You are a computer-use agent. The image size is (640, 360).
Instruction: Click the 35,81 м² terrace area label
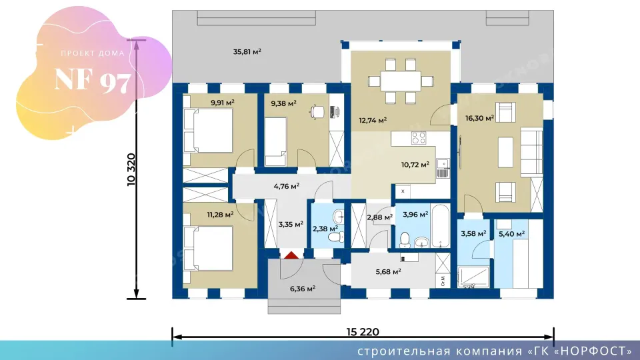[247, 52]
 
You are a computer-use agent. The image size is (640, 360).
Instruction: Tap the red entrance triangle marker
[291, 255]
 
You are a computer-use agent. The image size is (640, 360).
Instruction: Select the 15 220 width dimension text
[363, 332]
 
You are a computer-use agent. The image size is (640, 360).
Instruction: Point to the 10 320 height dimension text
[131, 169]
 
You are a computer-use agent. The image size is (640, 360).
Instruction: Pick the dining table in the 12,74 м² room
[401, 81]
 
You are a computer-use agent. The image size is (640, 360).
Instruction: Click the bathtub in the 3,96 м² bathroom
[441, 226]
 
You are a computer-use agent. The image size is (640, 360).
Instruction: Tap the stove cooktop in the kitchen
[419, 138]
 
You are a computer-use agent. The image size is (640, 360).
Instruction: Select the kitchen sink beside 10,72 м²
[443, 168]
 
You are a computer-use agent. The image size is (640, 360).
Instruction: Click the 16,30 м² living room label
[479, 119]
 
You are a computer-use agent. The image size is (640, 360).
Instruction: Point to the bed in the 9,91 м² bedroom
[208, 130]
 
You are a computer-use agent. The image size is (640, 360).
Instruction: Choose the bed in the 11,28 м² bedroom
[208, 248]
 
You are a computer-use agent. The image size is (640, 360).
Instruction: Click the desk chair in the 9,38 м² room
[317, 111]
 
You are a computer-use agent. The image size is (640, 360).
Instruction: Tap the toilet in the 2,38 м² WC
[336, 237]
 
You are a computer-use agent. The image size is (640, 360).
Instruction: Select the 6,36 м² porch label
[303, 289]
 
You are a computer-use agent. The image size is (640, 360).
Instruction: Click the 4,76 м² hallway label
[287, 186]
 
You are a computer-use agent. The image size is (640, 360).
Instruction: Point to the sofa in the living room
[531, 152]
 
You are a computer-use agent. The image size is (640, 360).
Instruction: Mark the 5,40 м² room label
[511, 234]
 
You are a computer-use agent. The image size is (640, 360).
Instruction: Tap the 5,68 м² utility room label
[388, 271]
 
